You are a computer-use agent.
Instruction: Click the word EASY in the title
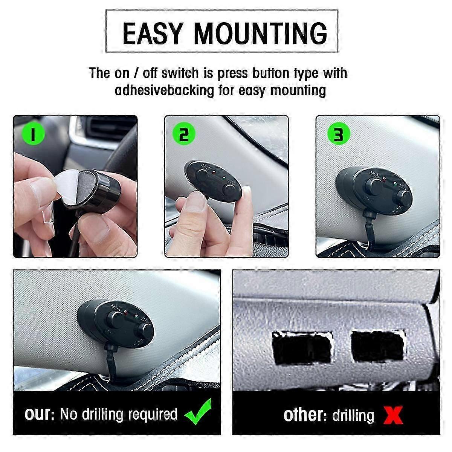coord(153,34)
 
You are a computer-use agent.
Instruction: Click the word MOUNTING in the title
coord(260,34)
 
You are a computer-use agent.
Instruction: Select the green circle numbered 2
coord(184,134)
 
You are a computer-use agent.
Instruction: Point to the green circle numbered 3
coord(339,134)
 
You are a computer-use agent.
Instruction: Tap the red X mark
coord(393,415)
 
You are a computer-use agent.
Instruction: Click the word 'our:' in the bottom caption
coord(40,414)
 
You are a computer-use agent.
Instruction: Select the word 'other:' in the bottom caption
coord(305,415)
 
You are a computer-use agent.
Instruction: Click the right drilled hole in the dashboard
coord(379,346)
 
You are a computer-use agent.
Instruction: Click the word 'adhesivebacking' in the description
coord(165,90)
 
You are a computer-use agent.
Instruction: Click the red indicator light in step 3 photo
coord(384,179)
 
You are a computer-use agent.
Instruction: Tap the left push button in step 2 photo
coord(202,175)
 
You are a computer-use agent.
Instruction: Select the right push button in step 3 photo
coord(404,197)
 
